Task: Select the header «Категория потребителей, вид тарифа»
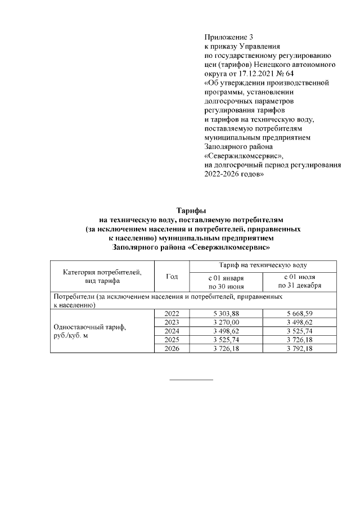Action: click(102, 276)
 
